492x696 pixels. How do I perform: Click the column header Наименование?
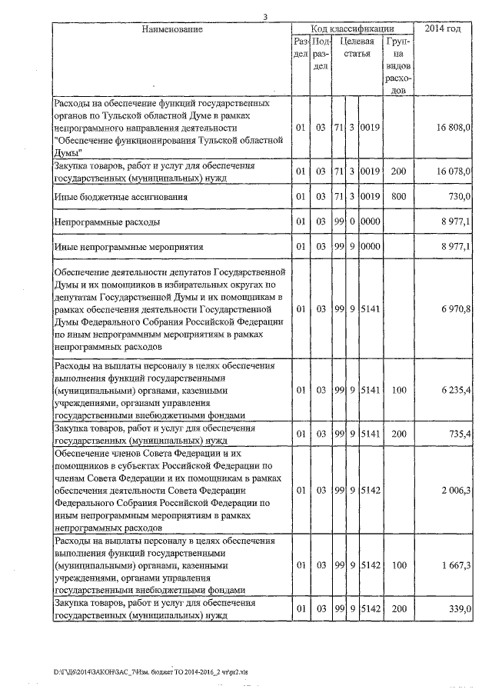pos(172,29)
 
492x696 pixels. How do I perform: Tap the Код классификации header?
pos(353,28)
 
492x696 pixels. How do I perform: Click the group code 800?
pos(397,197)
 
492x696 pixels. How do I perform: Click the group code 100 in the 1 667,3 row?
pos(397,565)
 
